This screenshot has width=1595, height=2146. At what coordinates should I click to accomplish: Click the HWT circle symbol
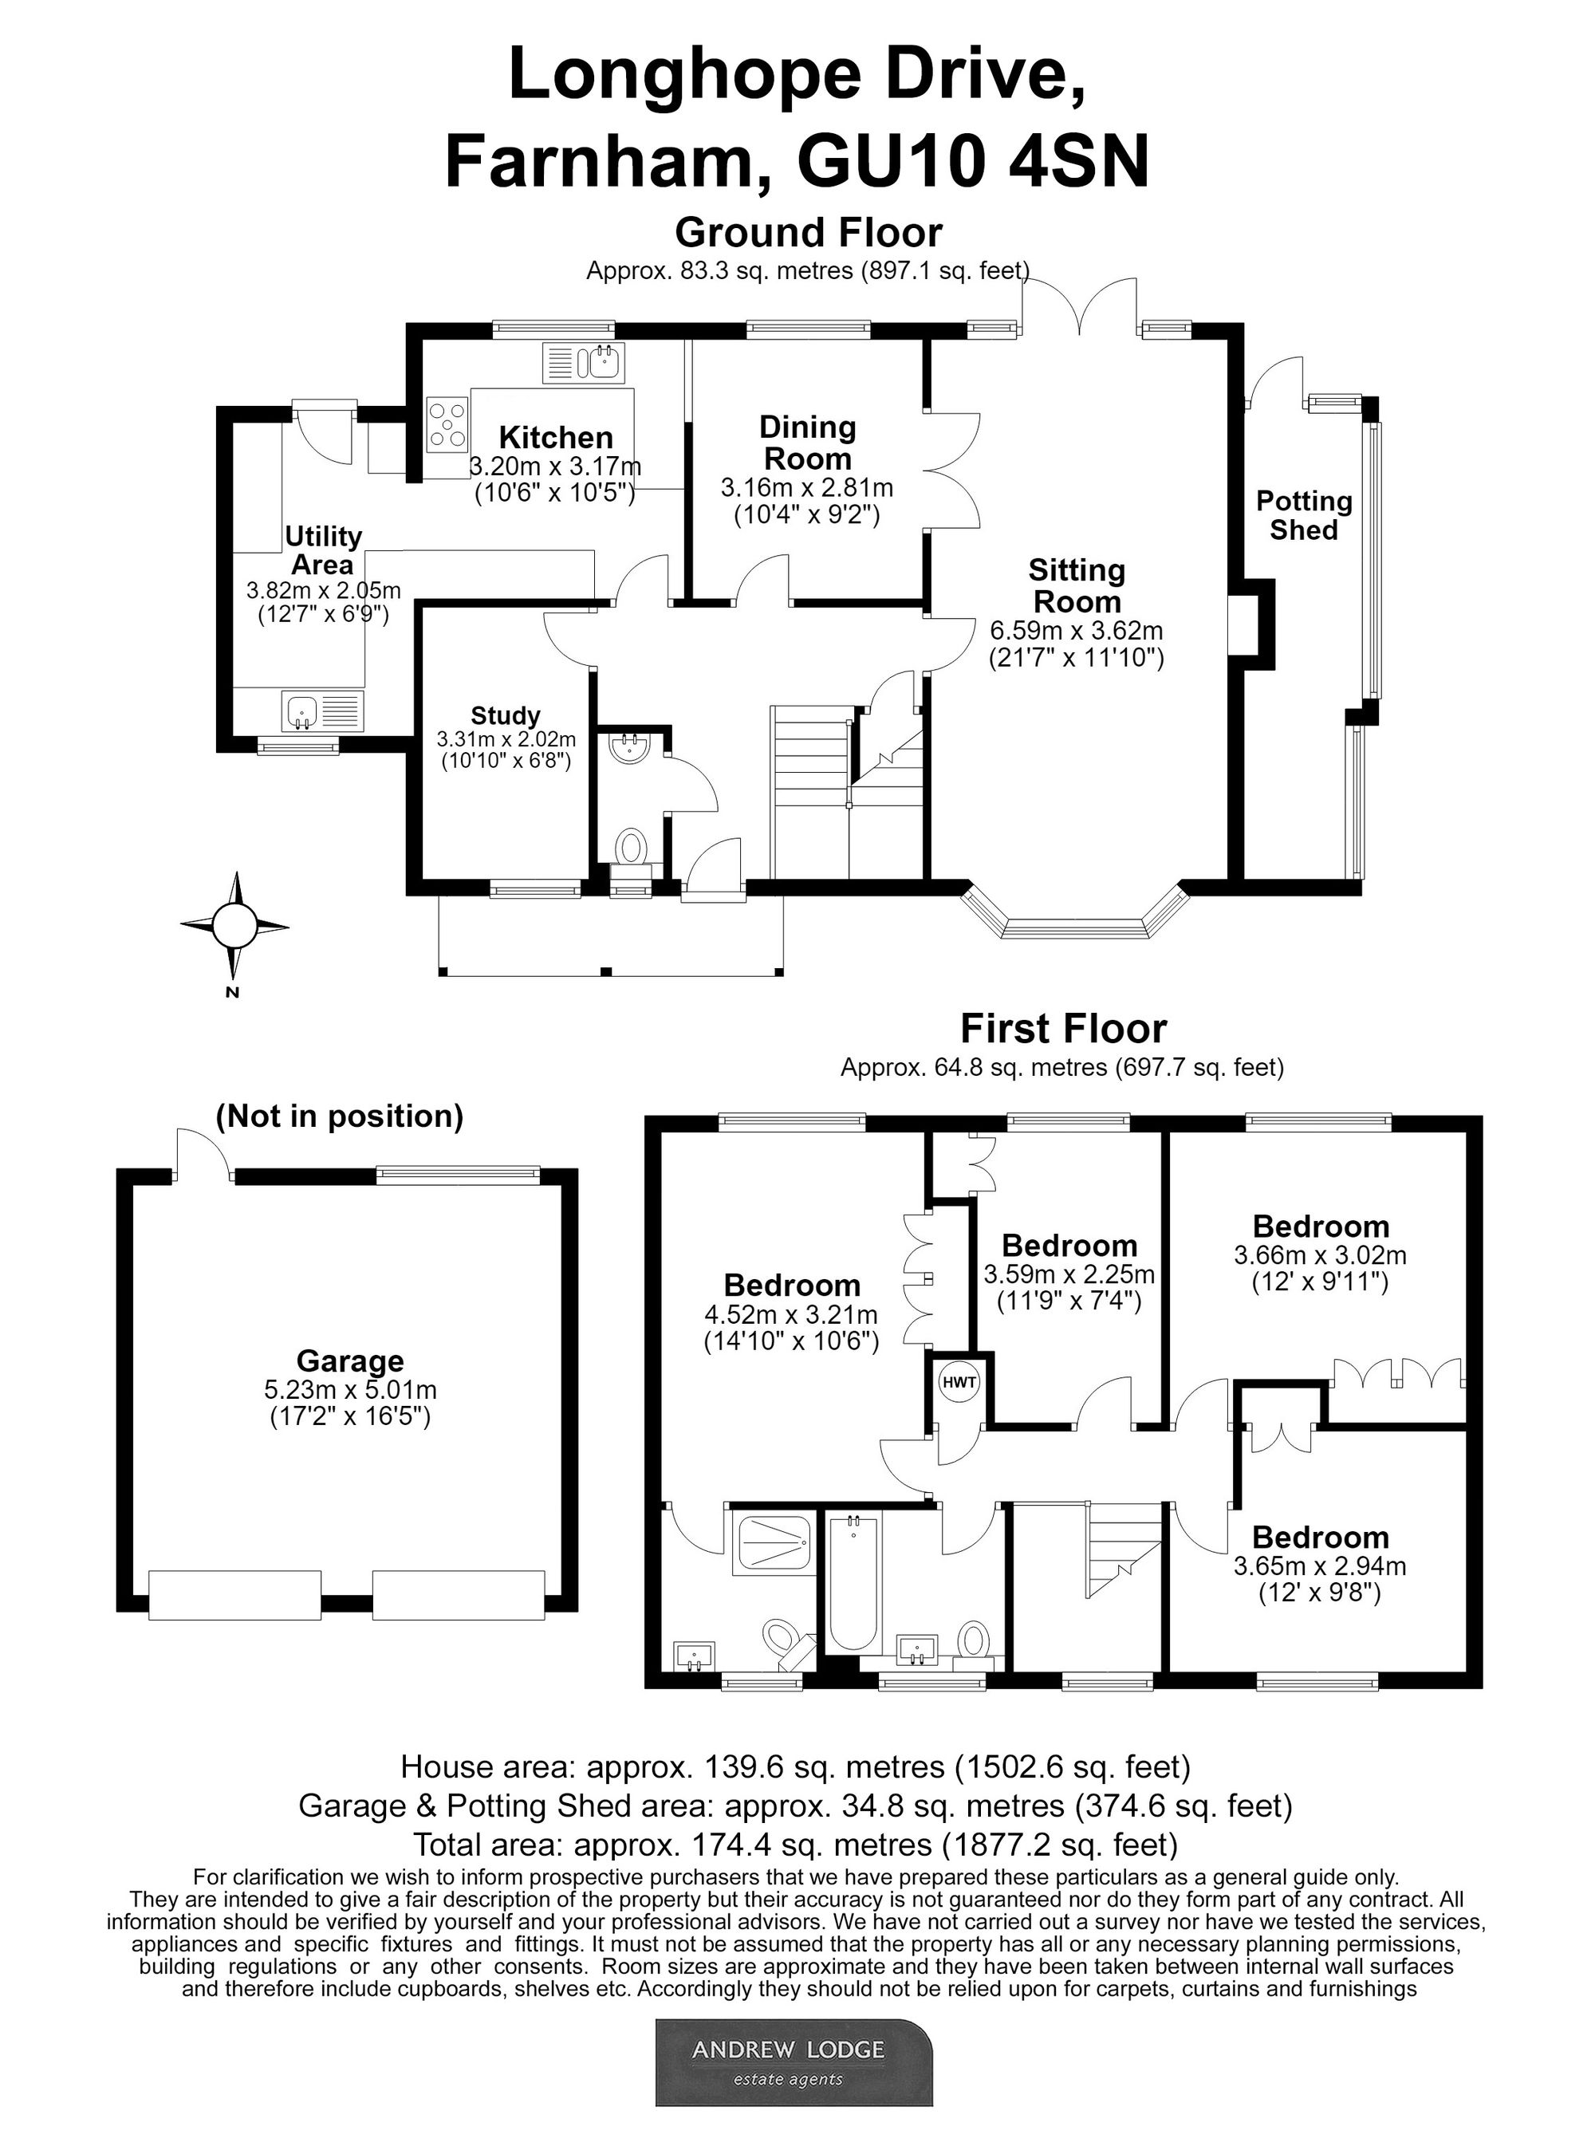(x=959, y=1382)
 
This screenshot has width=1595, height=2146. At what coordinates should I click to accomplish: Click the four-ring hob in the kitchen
(x=448, y=426)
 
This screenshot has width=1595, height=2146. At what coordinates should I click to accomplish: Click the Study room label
(x=505, y=715)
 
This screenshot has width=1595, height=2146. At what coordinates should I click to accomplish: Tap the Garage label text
(x=349, y=1361)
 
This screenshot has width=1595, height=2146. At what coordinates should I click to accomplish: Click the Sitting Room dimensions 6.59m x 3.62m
(x=1077, y=632)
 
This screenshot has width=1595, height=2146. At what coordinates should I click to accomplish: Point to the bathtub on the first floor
(x=853, y=1582)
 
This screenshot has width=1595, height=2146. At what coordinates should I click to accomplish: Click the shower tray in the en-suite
(x=774, y=1542)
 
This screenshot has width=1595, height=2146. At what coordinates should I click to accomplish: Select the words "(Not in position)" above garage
(x=340, y=1117)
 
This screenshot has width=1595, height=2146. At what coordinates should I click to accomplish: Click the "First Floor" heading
(x=1063, y=1029)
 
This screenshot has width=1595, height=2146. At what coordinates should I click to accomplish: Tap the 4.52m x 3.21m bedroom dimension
(x=791, y=1315)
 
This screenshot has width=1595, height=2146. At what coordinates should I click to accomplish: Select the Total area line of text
(x=796, y=1845)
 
